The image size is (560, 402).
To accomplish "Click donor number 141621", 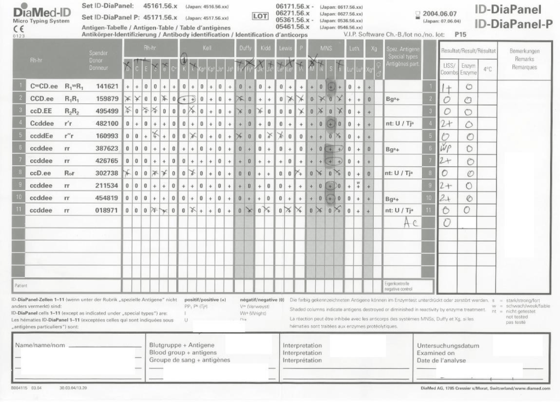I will [108, 86].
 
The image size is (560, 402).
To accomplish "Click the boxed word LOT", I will [259, 16].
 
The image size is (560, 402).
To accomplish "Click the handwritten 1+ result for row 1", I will [446, 87].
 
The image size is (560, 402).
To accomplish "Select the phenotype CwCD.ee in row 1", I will [42, 86].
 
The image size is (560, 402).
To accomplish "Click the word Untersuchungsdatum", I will [448, 346].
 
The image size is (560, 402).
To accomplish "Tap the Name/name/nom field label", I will [39, 346].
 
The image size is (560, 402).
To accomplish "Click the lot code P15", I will [460, 34].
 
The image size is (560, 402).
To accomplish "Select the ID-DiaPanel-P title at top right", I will [515, 24].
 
